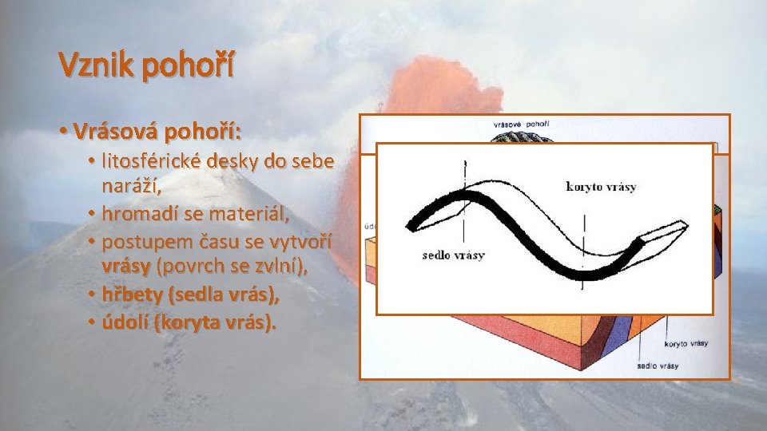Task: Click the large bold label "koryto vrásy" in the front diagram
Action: tap(601, 187)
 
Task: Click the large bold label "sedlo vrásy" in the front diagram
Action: tap(453, 255)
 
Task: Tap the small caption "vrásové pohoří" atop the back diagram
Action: tap(521, 125)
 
